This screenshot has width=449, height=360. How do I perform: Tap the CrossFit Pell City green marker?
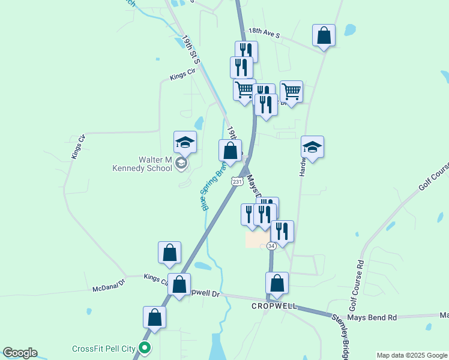[144, 347]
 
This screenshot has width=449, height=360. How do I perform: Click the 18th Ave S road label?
[265, 34]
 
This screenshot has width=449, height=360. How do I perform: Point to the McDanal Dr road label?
[108, 289]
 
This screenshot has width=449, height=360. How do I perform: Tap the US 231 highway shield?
[237, 181]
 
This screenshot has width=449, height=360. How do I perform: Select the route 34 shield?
[271, 246]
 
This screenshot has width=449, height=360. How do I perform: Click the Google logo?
[20, 353]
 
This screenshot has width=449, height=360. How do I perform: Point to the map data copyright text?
[412, 355]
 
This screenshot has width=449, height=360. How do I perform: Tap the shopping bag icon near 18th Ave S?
[324, 35]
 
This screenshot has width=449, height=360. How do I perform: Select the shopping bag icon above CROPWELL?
[277, 283]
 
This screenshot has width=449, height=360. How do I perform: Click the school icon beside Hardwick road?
[312, 146]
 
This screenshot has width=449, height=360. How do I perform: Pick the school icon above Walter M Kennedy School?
[185, 142]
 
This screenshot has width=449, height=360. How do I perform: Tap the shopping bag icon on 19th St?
[230, 150]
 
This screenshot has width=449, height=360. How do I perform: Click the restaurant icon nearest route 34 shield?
[282, 230]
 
